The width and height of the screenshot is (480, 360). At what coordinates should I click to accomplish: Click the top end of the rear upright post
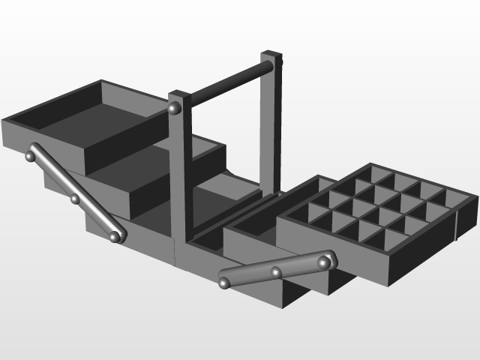(271, 55)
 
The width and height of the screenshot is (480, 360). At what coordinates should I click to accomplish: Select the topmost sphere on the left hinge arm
(31, 157)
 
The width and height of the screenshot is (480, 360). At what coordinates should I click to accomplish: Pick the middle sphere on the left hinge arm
(75, 199)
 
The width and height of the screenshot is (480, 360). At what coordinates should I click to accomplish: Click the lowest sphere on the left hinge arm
(115, 236)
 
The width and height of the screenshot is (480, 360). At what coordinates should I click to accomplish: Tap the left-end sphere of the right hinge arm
(224, 282)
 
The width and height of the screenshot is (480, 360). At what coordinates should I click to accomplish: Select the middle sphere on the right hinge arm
(276, 272)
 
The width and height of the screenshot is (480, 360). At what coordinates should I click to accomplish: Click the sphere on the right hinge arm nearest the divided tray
(324, 261)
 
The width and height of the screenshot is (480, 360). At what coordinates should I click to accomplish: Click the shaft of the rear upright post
(268, 127)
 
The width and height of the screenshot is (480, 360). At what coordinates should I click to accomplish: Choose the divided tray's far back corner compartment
(382, 174)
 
